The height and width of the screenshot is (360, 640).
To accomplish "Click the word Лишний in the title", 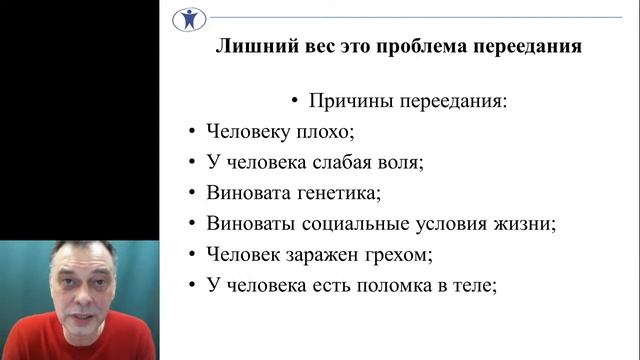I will pos(251,47).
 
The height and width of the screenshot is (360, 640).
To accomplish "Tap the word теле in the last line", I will pos(473,285).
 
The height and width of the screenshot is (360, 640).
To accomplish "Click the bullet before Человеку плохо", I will pos(190,132).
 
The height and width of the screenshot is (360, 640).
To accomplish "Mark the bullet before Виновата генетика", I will pos(190,193).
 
